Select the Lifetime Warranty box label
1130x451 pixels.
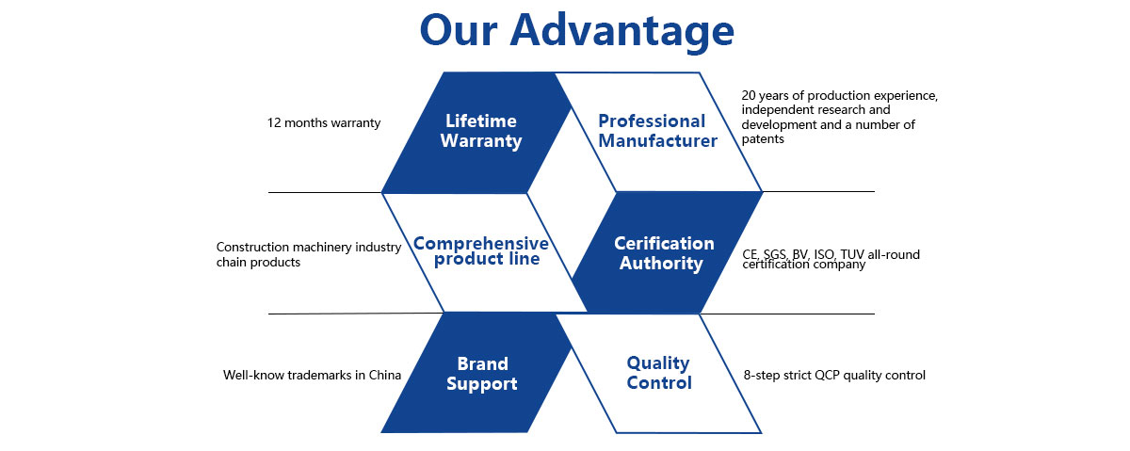pyautogui.click(x=481, y=131)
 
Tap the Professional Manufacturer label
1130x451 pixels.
pyautogui.click(x=652, y=131)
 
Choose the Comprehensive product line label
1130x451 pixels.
pyautogui.click(x=481, y=250)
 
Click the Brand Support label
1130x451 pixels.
pyautogui.click(x=482, y=374)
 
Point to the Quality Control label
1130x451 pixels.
pyautogui.click(x=659, y=373)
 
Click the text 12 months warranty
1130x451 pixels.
pyautogui.click(x=324, y=123)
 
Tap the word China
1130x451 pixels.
pyautogui.click(x=383, y=375)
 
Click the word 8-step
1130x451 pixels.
pyautogui.click(x=761, y=375)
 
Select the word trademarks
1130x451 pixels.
pyautogui.click(x=311, y=375)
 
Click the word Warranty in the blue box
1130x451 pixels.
pyautogui.click(x=481, y=141)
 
